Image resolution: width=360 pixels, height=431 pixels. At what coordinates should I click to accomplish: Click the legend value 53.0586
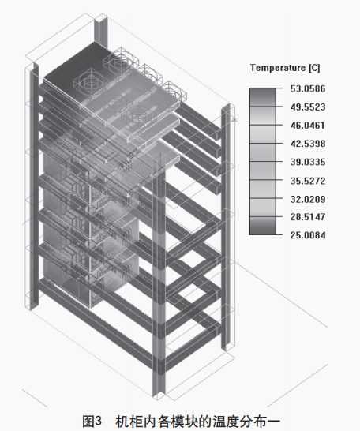click(x=308, y=88)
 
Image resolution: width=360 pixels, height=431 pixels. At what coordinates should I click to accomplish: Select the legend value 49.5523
click(x=308, y=107)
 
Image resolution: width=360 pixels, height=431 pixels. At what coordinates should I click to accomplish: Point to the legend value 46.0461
click(x=308, y=126)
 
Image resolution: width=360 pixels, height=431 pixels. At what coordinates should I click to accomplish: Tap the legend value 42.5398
click(x=308, y=144)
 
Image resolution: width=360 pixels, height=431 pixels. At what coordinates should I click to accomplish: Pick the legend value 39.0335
click(x=308, y=162)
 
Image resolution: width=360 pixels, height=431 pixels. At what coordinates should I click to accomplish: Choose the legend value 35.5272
click(x=308, y=181)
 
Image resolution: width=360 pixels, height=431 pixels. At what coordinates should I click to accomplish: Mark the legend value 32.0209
click(x=308, y=199)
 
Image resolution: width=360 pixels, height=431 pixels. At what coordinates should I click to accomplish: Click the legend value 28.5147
click(x=308, y=217)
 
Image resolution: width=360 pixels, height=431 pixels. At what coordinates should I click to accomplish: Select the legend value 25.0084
click(x=308, y=235)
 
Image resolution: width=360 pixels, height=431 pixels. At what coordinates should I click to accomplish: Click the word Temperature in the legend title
click(x=278, y=68)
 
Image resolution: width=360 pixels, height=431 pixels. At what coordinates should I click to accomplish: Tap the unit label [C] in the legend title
click(x=314, y=68)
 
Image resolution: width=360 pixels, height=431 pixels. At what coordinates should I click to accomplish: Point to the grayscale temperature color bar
click(x=262, y=161)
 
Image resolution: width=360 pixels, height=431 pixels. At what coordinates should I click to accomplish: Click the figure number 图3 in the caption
click(x=92, y=421)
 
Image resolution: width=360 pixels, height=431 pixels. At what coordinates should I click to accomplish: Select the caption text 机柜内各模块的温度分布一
click(x=197, y=421)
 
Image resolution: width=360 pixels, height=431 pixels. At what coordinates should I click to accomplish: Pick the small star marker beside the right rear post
click(x=234, y=119)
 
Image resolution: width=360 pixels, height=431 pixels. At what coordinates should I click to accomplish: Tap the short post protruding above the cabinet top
click(x=100, y=30)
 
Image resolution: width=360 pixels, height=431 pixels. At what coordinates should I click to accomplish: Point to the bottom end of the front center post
click(x=159, y=395)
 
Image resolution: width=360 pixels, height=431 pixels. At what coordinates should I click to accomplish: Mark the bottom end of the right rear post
click(x=225, y=349)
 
